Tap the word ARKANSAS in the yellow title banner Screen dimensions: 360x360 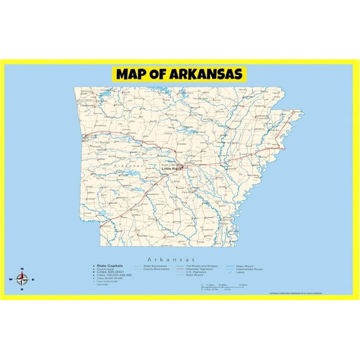204,74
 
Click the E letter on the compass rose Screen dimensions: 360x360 33,279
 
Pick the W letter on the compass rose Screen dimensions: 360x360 11,279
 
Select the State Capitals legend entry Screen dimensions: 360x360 110,266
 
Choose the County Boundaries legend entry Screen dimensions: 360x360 157,269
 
